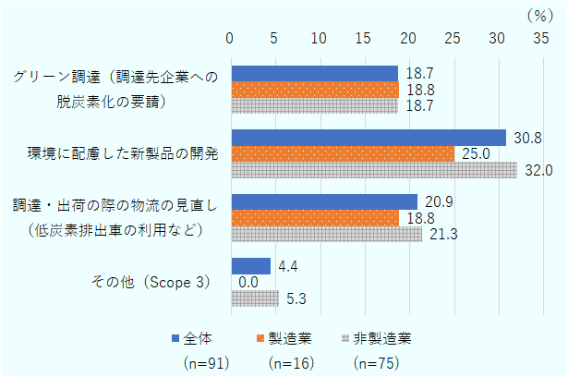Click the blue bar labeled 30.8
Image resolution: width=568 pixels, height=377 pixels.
pyautogui.click(x=369, y=138)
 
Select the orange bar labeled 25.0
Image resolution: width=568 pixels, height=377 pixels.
pyautogui.click(x=343, y=153)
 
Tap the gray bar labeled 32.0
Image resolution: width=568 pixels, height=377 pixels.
pyautogui.click(x=374, y=170)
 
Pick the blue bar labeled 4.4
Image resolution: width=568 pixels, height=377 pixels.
pyautogui.click(x=250, y=266)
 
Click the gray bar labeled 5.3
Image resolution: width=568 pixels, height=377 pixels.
pyautogui.click(x=254, y=298)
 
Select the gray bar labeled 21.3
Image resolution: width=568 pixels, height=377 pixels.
pyautogui.click(x=326, y=235)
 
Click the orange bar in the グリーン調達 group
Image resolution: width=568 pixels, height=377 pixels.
pyautogui.click(x=314, y=90)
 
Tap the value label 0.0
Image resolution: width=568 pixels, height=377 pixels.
pyautogui.click(x=248, y=283)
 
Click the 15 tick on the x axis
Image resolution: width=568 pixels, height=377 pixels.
pyautogui.click(x=364, y=38)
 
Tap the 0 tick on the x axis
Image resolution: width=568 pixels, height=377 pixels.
pyautogui.click(x=231, y=38)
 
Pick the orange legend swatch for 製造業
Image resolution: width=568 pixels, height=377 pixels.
pyautogui.click(x=261, y=337)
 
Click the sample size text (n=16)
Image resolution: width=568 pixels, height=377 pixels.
pyautogui.click(x=290, y=362)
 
